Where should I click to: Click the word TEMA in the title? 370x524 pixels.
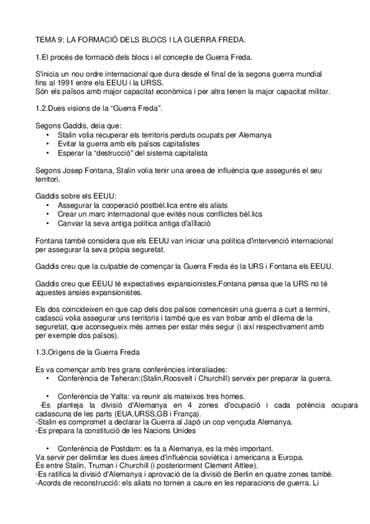point(46,40)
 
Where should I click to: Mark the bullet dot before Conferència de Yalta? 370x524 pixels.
point(49,395)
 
